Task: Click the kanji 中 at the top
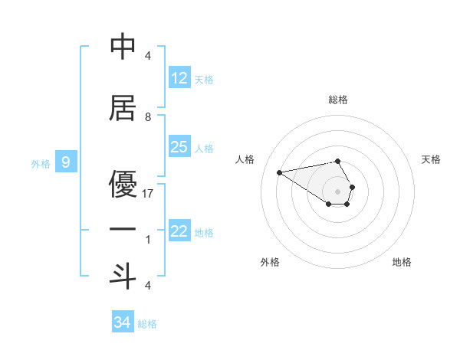(x=123, y=47)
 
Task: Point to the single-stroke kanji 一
(x=123, y=229)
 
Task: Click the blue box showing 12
(x=179, y=79)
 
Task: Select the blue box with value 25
(x=179, y=147)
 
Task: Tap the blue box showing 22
(x=179, y=232)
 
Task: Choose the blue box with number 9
(x=67, y=162)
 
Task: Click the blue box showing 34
(x=123, y=322)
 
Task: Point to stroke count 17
(x=149, y=194)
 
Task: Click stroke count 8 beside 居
(x=148, y=117)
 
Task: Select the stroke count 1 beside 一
(x=148, y=241)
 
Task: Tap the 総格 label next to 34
(x=147, y=323)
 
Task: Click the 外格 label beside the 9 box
(x=40, y=163)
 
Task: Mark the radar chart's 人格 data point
(x=279, y=172)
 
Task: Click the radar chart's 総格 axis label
(x=338, y=100)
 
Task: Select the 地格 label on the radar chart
(x=402, y=262)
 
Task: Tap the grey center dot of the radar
(x=338, y=191)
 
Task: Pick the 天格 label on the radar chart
(x=432, y=159)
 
